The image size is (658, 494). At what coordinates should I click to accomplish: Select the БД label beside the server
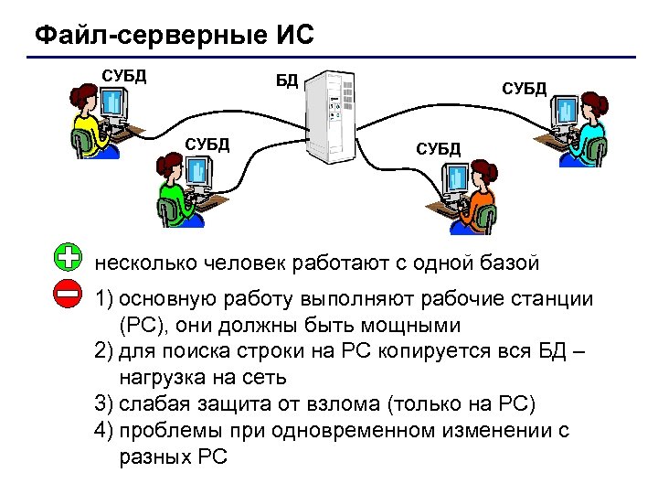point(287,81)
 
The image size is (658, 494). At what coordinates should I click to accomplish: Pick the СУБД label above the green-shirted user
point(207,144)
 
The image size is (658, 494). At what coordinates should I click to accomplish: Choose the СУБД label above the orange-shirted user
point(440,148)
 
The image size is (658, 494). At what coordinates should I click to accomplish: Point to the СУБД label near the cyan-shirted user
point(525,88)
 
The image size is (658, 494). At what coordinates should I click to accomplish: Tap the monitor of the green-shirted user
point(197,173)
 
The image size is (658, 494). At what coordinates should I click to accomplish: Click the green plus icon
point(68,257)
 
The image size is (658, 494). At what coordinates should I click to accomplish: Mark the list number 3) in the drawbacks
point(103,403)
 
